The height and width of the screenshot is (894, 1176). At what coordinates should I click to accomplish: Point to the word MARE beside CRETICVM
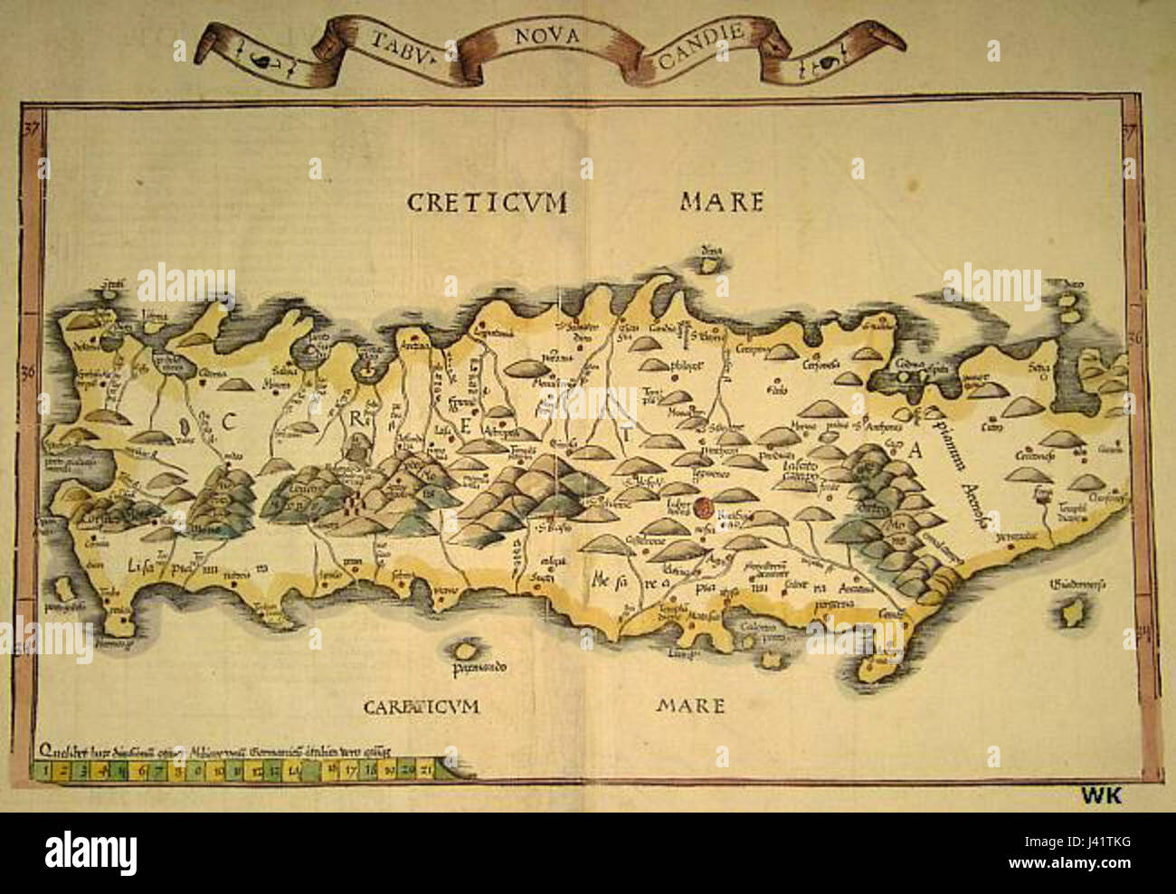722,201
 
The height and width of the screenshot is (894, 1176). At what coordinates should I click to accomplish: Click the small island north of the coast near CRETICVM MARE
713,261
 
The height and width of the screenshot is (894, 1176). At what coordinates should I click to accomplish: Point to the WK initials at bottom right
1101,794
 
